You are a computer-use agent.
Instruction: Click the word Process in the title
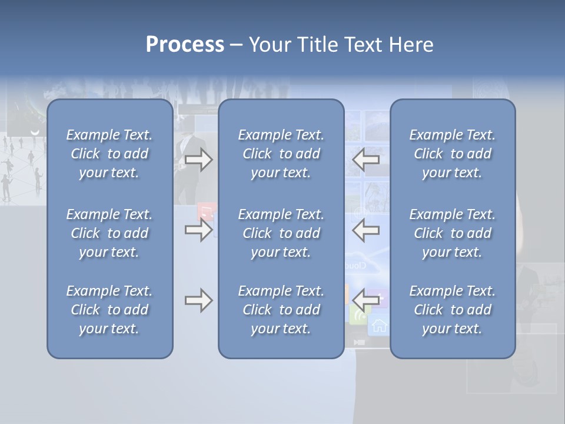tap(185, 45)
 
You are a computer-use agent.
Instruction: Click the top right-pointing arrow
tap(198, 160)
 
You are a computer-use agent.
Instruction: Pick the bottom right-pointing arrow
tap(198, 300)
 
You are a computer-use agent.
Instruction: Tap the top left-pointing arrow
tap(366, 160)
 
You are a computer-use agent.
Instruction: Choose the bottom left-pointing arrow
tap(366, 300)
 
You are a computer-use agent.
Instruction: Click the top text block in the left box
tap(109, 154)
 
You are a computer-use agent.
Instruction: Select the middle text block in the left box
tap(109, 233)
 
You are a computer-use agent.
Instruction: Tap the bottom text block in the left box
tap(109, 310)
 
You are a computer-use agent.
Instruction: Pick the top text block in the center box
tap(281, 154)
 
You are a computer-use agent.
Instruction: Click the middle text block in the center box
tap(281, 233)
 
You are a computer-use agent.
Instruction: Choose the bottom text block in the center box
tap(281, 310)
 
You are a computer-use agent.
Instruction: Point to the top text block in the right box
tap(452, 154)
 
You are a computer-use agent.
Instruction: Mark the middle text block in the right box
tap(452, 233)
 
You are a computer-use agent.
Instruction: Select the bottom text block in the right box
tap(452, 310)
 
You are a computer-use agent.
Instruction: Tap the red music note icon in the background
tap(206, 211)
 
